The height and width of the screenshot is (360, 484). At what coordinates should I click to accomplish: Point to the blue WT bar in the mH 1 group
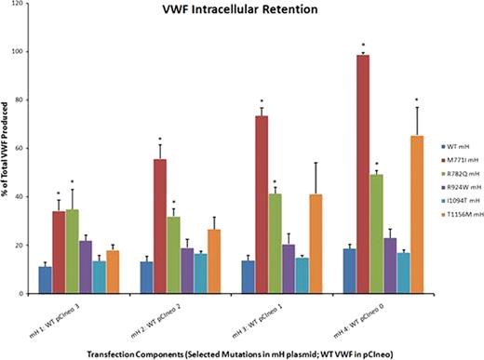(45, 280)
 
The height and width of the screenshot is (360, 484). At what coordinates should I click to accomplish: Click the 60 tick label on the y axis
(21, 148)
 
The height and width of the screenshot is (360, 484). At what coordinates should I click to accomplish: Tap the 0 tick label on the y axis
(23, 294)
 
